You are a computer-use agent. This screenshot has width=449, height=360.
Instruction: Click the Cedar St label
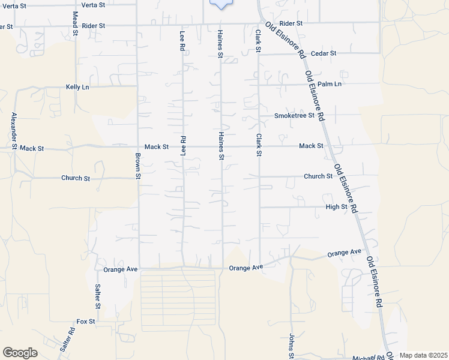(324, 53)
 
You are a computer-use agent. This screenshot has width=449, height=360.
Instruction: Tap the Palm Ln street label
(330, 84)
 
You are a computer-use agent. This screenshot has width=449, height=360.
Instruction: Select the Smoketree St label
(294, 116)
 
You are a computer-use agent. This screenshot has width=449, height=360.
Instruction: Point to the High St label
(336, 207)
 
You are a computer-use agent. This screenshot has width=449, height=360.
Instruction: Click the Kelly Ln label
(77, 87)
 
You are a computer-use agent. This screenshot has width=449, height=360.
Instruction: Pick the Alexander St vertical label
(13, 130)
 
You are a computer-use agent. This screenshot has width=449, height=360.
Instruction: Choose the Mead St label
(75, 23)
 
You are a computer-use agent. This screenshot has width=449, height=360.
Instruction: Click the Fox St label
(86, 322)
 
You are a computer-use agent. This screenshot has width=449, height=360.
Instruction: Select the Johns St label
(291, 347)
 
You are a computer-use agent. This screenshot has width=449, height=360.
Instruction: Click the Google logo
(20, 353)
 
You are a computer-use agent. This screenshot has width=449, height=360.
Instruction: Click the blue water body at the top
(221, 4)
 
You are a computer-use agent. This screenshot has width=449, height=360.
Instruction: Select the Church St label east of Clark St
(318, 176)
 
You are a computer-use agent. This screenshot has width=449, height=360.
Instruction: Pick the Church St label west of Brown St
(75, 178)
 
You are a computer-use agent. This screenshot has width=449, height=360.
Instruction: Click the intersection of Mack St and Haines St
(221, 146)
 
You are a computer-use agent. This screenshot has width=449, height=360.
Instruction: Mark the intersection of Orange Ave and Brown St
(139, 266)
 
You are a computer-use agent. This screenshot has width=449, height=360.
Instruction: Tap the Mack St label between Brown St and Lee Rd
(157, 146)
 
